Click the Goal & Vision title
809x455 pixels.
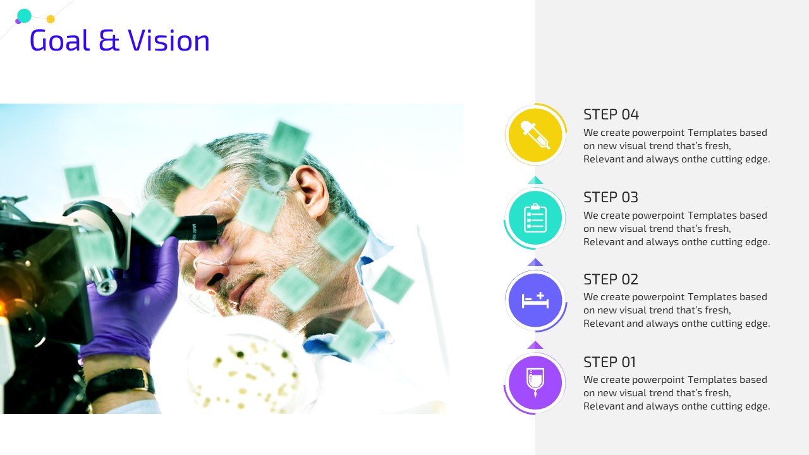click(x=119, y=40)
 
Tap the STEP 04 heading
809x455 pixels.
click(x=611, y=114)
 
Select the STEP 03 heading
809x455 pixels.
click(x=611, y=197)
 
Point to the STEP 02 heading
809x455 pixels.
click(x=611, y=279)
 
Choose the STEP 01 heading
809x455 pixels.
click(x=610, y=362)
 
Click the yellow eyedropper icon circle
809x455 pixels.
click(x=535, y=135)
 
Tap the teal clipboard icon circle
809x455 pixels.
click(x=535, y=218)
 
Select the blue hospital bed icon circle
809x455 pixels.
click(x=535, y=300)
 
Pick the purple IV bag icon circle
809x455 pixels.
click(x=535, y=383)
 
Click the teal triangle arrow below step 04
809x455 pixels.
click(x=535, y=180)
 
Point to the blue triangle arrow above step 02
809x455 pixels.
click(x=535, y=262)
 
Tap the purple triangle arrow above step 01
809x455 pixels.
click(x=535, y=345)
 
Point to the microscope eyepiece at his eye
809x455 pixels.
click(x=197, y=228)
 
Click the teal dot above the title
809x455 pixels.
click(x=24, y=16)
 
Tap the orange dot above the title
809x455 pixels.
click(x=51, y=19)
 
